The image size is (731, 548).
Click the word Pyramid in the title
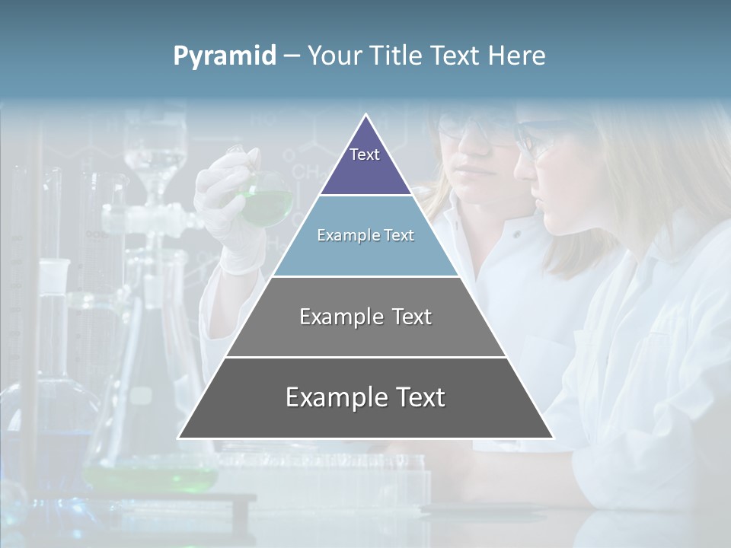[x=224, y=56]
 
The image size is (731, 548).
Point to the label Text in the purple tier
[x=365, y=155]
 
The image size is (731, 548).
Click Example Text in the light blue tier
[x=365, y=235]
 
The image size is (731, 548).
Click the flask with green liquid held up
[x=266, y=200]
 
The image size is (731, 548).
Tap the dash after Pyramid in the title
[x=291, y=56]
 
